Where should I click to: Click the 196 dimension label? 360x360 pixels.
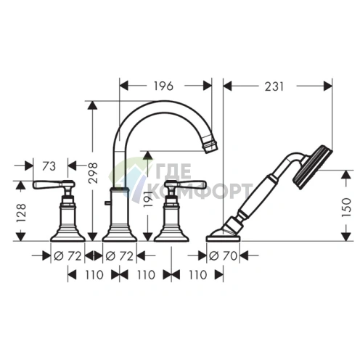(x=163, y=86)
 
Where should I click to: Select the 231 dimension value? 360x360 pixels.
(x=274, y=86)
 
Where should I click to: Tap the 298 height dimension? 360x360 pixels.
(x=93, y=173)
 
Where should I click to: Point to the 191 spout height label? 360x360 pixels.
(x=148, y=198)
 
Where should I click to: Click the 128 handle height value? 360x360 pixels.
(x=21, y=213)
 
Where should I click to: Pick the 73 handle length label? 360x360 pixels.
(x=49, y=166)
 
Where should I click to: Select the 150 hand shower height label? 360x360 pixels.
(x=346, y=207)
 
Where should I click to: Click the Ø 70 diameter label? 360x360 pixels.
(x=223, y=256)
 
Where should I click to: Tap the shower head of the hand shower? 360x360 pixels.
(x=312, y=167)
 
